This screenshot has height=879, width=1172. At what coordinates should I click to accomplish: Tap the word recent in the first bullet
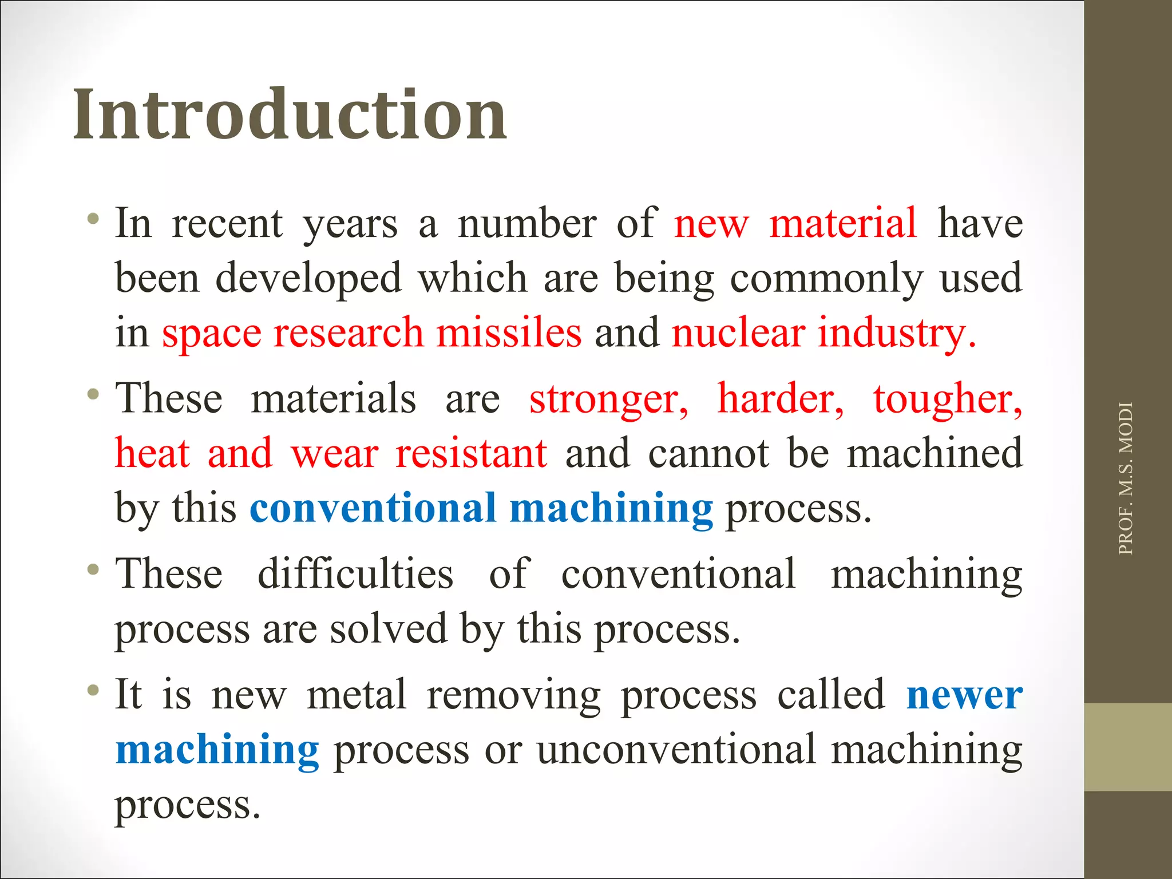[x=227, y=223]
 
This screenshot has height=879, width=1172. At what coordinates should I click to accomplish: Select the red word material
[x=843, y=223]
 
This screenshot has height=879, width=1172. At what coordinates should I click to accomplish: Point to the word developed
[x=308, y=278]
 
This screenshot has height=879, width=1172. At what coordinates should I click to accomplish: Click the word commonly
[x=826, y=279]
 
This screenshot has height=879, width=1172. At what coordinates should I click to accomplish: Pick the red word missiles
[x=509, y=332]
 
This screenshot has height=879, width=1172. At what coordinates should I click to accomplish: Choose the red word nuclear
[x=738, y=332]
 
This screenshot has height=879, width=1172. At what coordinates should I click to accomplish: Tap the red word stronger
[x=608, y=399]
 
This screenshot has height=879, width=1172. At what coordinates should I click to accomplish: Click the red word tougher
[x=947, y=399]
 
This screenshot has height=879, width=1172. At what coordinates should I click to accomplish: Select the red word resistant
[x=471, y=453]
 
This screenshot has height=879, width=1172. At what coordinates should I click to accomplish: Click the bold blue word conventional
[x=373, y=508]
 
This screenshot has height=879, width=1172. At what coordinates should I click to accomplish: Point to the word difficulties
[x=355, y=573]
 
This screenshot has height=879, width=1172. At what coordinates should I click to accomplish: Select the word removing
[x=513, y=695]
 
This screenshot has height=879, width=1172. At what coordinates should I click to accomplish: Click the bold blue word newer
[x=964, y=695]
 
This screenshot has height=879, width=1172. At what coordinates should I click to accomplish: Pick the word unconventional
[x=676, y=750]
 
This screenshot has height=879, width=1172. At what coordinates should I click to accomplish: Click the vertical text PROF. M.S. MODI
[x=1125, y=478]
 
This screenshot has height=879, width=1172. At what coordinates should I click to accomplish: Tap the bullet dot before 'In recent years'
[x=93, y=219]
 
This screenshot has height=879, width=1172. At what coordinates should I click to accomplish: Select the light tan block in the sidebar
[x=1127, y=747]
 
